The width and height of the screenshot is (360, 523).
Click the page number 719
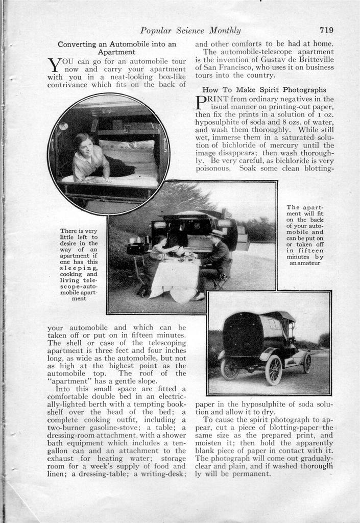point(327,30)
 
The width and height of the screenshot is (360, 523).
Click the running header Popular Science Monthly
point(190,31)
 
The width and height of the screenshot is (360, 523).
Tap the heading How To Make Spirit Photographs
point(264,89)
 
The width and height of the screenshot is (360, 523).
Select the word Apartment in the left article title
point(116,52)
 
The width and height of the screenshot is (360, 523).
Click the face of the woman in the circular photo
point(85,146)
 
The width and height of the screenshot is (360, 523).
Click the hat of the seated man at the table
point(217,233)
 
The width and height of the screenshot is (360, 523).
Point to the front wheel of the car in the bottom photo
point(274,370)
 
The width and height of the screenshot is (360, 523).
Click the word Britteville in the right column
point(315,59)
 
